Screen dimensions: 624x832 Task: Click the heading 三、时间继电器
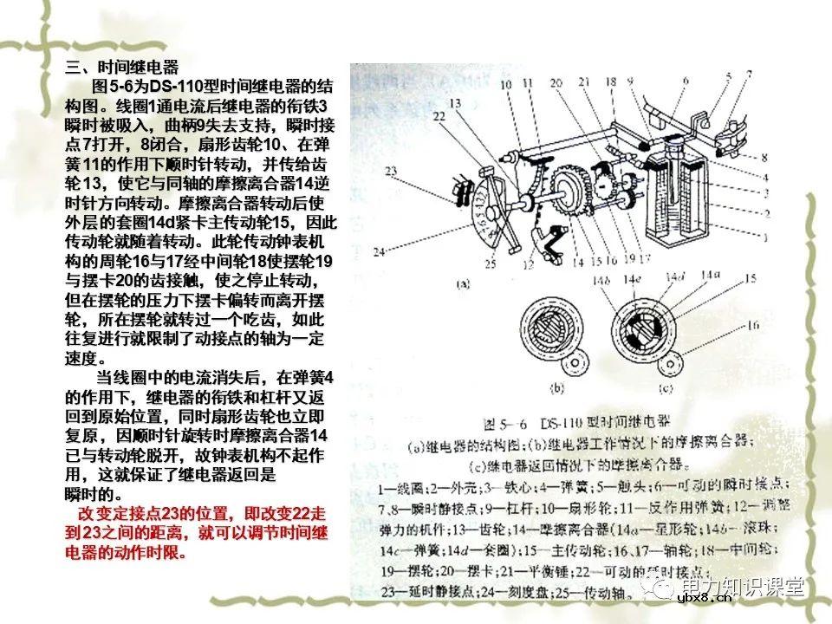pos(121,67)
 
